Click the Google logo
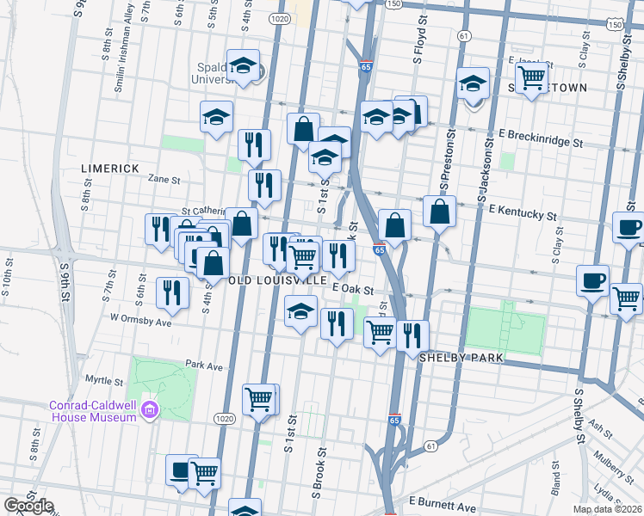tap(29, 506)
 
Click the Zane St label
tap(164, 181)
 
